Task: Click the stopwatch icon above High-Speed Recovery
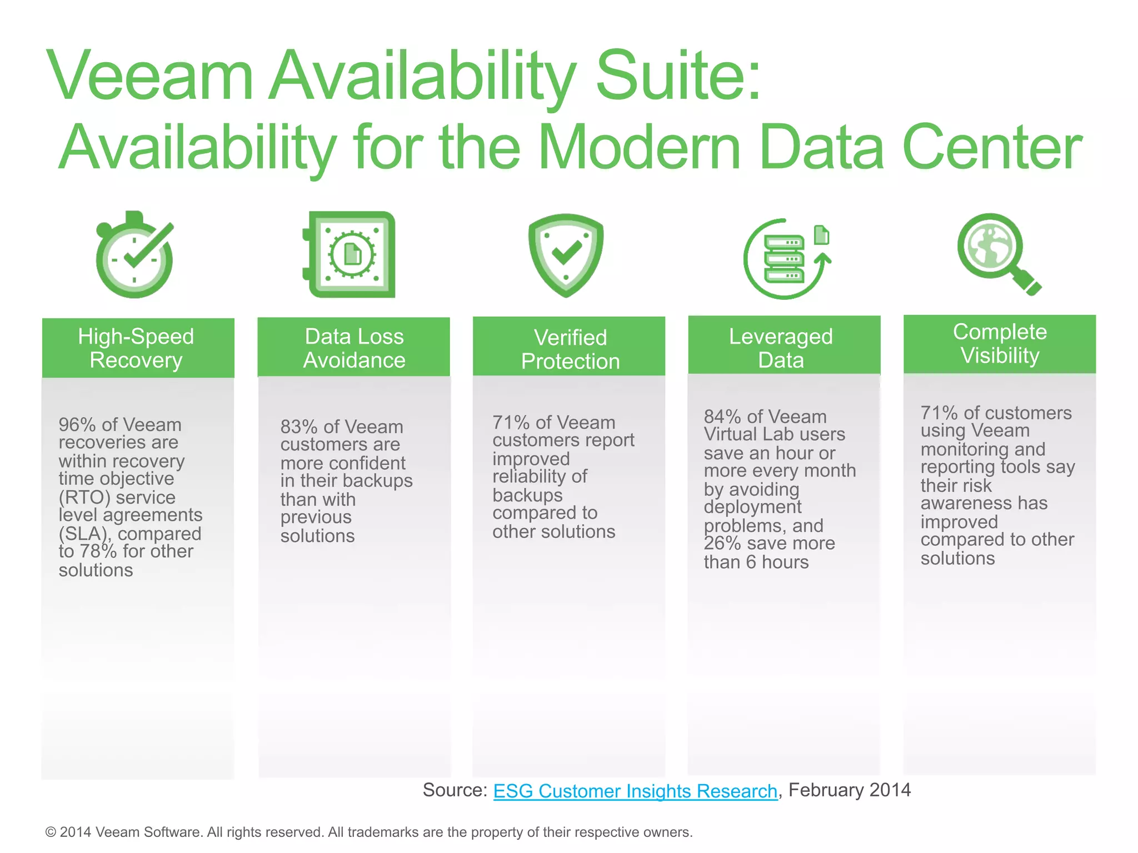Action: point(135,255)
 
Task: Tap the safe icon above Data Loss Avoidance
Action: point(350,254)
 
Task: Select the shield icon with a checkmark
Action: point(566,255)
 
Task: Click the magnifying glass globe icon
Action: point(998,253)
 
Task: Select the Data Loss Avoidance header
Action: point(354,348)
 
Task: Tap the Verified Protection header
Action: point(569,348)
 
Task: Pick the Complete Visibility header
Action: point(1000,344)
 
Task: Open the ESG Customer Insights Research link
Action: point(635,791)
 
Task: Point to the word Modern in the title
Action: point(640,147)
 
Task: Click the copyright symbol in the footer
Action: point(51,832)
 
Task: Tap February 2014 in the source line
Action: point(850,790)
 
